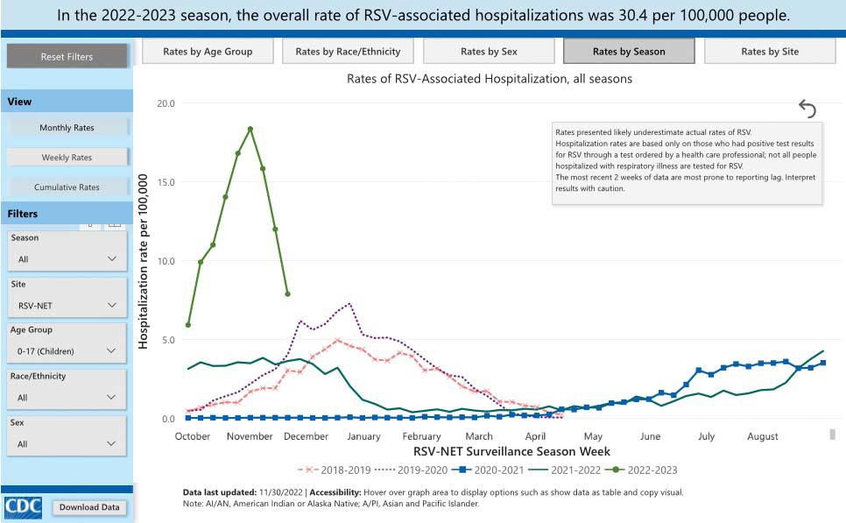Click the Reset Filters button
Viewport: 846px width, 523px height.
pos(67,56)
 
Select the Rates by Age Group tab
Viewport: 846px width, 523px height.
pos(208,52)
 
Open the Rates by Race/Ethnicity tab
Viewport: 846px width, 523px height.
pos(348,52)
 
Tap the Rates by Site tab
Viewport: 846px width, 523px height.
pos(769,52)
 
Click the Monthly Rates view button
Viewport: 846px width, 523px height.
pos(67,128)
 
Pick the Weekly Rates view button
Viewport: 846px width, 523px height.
pos(67,158)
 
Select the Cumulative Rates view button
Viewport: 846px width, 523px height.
pos(67,187)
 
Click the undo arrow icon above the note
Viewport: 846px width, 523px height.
pos(807,109)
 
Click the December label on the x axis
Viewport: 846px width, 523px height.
pos(306,436)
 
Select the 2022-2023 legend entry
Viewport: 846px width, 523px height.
pos(646,470)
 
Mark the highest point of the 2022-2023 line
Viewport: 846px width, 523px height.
pos(250,129)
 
